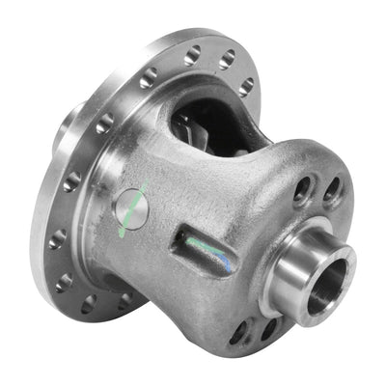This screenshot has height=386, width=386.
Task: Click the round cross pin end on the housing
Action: (x=133, y=209)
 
